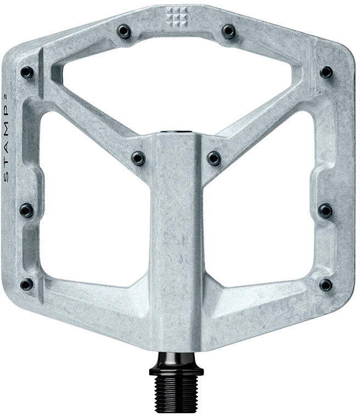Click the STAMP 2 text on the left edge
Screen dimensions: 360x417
tap(7, 138)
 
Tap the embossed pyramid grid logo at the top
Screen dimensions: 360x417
tap(176, 18)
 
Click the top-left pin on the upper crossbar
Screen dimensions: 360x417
tap(124, 31)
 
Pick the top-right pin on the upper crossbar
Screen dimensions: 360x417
tap(228, 31)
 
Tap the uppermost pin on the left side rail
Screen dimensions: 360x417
tap(27, 72)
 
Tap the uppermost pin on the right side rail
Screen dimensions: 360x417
tap(326, 72)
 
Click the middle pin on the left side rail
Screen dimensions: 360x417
tap(26, 210)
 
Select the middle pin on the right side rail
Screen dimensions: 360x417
tap(325, 210)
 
